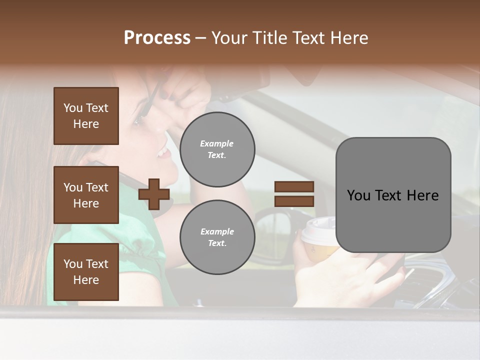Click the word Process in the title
pos(157,38)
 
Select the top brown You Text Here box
pos(86,116)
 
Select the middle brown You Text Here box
pos(86,195)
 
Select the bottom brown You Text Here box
pos(86,272)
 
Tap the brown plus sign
pos(154,194)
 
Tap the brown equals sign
pos(294,194)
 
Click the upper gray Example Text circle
pos(217,149)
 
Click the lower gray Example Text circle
pos(217,237)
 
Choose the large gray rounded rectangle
pos(393,195)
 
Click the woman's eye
pos(139,120)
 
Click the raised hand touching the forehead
pos(187,92)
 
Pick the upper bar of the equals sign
pos(294,187)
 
